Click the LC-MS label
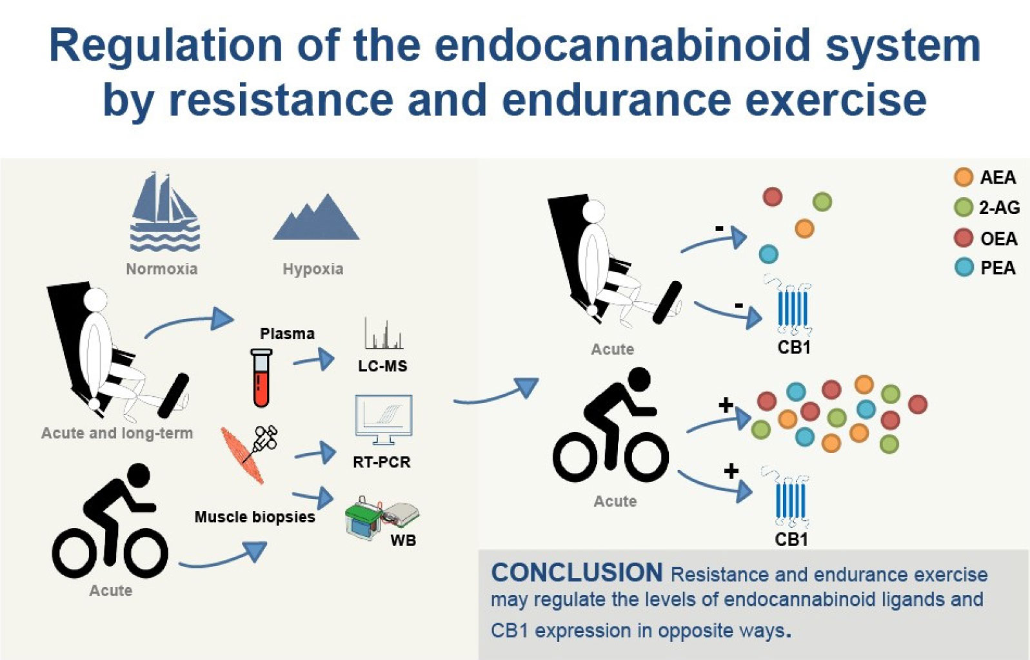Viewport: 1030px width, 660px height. (x=382, y=366)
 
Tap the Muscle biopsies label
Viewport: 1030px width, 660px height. (x=255, y=517)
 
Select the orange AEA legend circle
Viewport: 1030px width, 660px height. (x=963, y=177)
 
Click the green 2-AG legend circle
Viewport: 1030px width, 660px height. (x=963, y=207)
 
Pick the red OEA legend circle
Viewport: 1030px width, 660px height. (x=963, y=238)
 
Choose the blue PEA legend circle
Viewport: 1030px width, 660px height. (x=963, y=267)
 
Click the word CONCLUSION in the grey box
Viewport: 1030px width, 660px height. (x=577, y=572)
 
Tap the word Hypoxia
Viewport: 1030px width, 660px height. (x=313, y=269)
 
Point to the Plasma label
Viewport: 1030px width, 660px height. (x=287, y=333)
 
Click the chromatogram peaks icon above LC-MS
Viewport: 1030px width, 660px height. (x=383, y=334)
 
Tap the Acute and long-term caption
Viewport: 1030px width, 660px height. (x=117, y=433)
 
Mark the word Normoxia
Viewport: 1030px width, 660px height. (x=161, y=269)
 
